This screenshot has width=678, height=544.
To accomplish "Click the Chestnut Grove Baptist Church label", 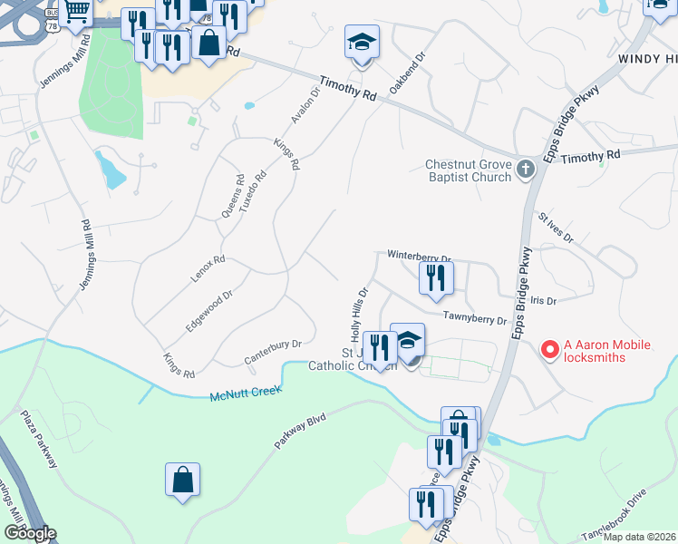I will (x=468, y=171).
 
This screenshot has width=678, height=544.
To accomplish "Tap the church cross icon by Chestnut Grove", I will (x=525, y=170).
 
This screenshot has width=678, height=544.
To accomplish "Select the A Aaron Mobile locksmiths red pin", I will (x=548, y=348).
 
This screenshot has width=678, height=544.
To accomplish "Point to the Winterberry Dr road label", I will (x=419, y=257).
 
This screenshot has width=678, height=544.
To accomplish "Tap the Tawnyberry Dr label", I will (x=474, y=318).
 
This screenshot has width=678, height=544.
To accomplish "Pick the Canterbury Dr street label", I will (x=273, y=354).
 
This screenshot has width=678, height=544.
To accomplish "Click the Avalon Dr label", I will (x=304, y=106).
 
